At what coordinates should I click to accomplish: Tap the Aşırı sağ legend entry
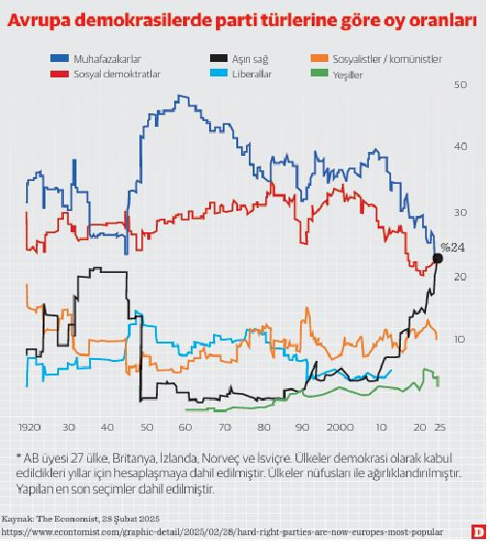click(250, 59)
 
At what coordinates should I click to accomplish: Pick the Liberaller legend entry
click(253, 73)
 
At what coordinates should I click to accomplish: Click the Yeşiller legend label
click(348, 74)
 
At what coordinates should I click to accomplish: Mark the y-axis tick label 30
click(460, 212)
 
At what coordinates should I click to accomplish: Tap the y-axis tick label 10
click(460, 339)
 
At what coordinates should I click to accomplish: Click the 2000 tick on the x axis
click(340, 427)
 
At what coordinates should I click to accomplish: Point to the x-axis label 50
click(146, 427)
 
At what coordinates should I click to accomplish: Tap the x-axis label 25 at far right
click(441, 427)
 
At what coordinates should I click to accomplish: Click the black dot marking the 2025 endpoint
click(438, 258)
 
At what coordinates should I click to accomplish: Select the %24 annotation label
click(453, 247)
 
